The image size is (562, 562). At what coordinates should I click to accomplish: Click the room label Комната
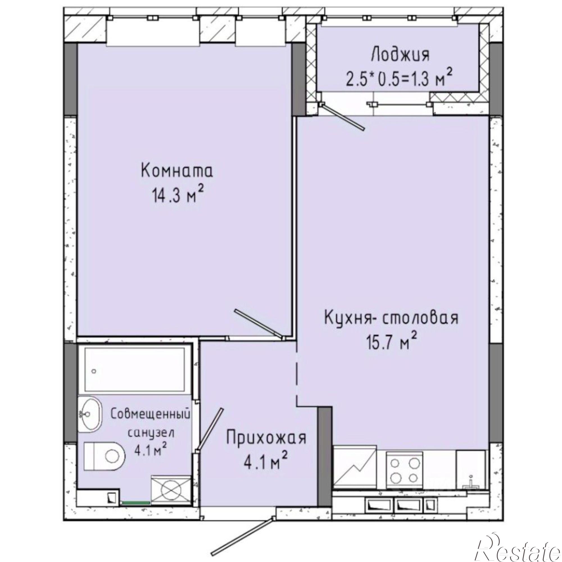(x=177, y=171)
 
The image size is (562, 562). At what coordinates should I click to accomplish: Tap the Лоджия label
(x=400, y=55)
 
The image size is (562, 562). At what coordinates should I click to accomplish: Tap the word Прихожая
(x=266, y=438)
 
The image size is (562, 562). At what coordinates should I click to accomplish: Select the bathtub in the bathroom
(x=135, y=370)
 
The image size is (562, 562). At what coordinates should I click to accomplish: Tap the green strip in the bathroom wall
(x=136, y=502)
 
